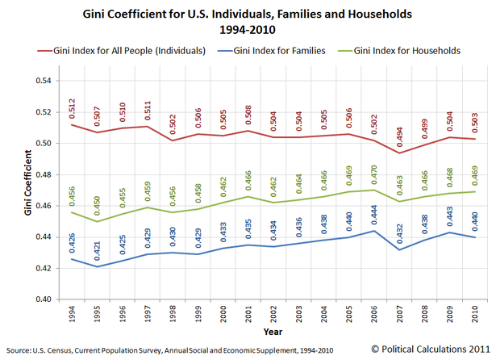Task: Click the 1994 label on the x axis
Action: pos(74,315)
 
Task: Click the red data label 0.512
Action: pos(73,108)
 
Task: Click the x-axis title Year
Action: pos(274,332)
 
